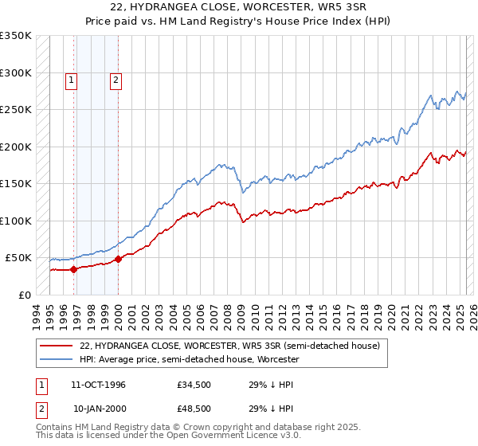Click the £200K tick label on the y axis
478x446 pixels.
click(15, 147)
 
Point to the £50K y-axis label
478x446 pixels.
click(18, 258)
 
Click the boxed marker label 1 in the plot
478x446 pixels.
click(72, 80)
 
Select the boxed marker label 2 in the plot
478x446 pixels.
click(116, 80)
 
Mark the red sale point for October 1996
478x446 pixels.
click(73, 269)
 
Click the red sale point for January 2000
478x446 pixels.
click(118, 259)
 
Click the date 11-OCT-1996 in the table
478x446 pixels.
click(99, 384)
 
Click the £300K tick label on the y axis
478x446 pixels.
click(15, 72)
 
